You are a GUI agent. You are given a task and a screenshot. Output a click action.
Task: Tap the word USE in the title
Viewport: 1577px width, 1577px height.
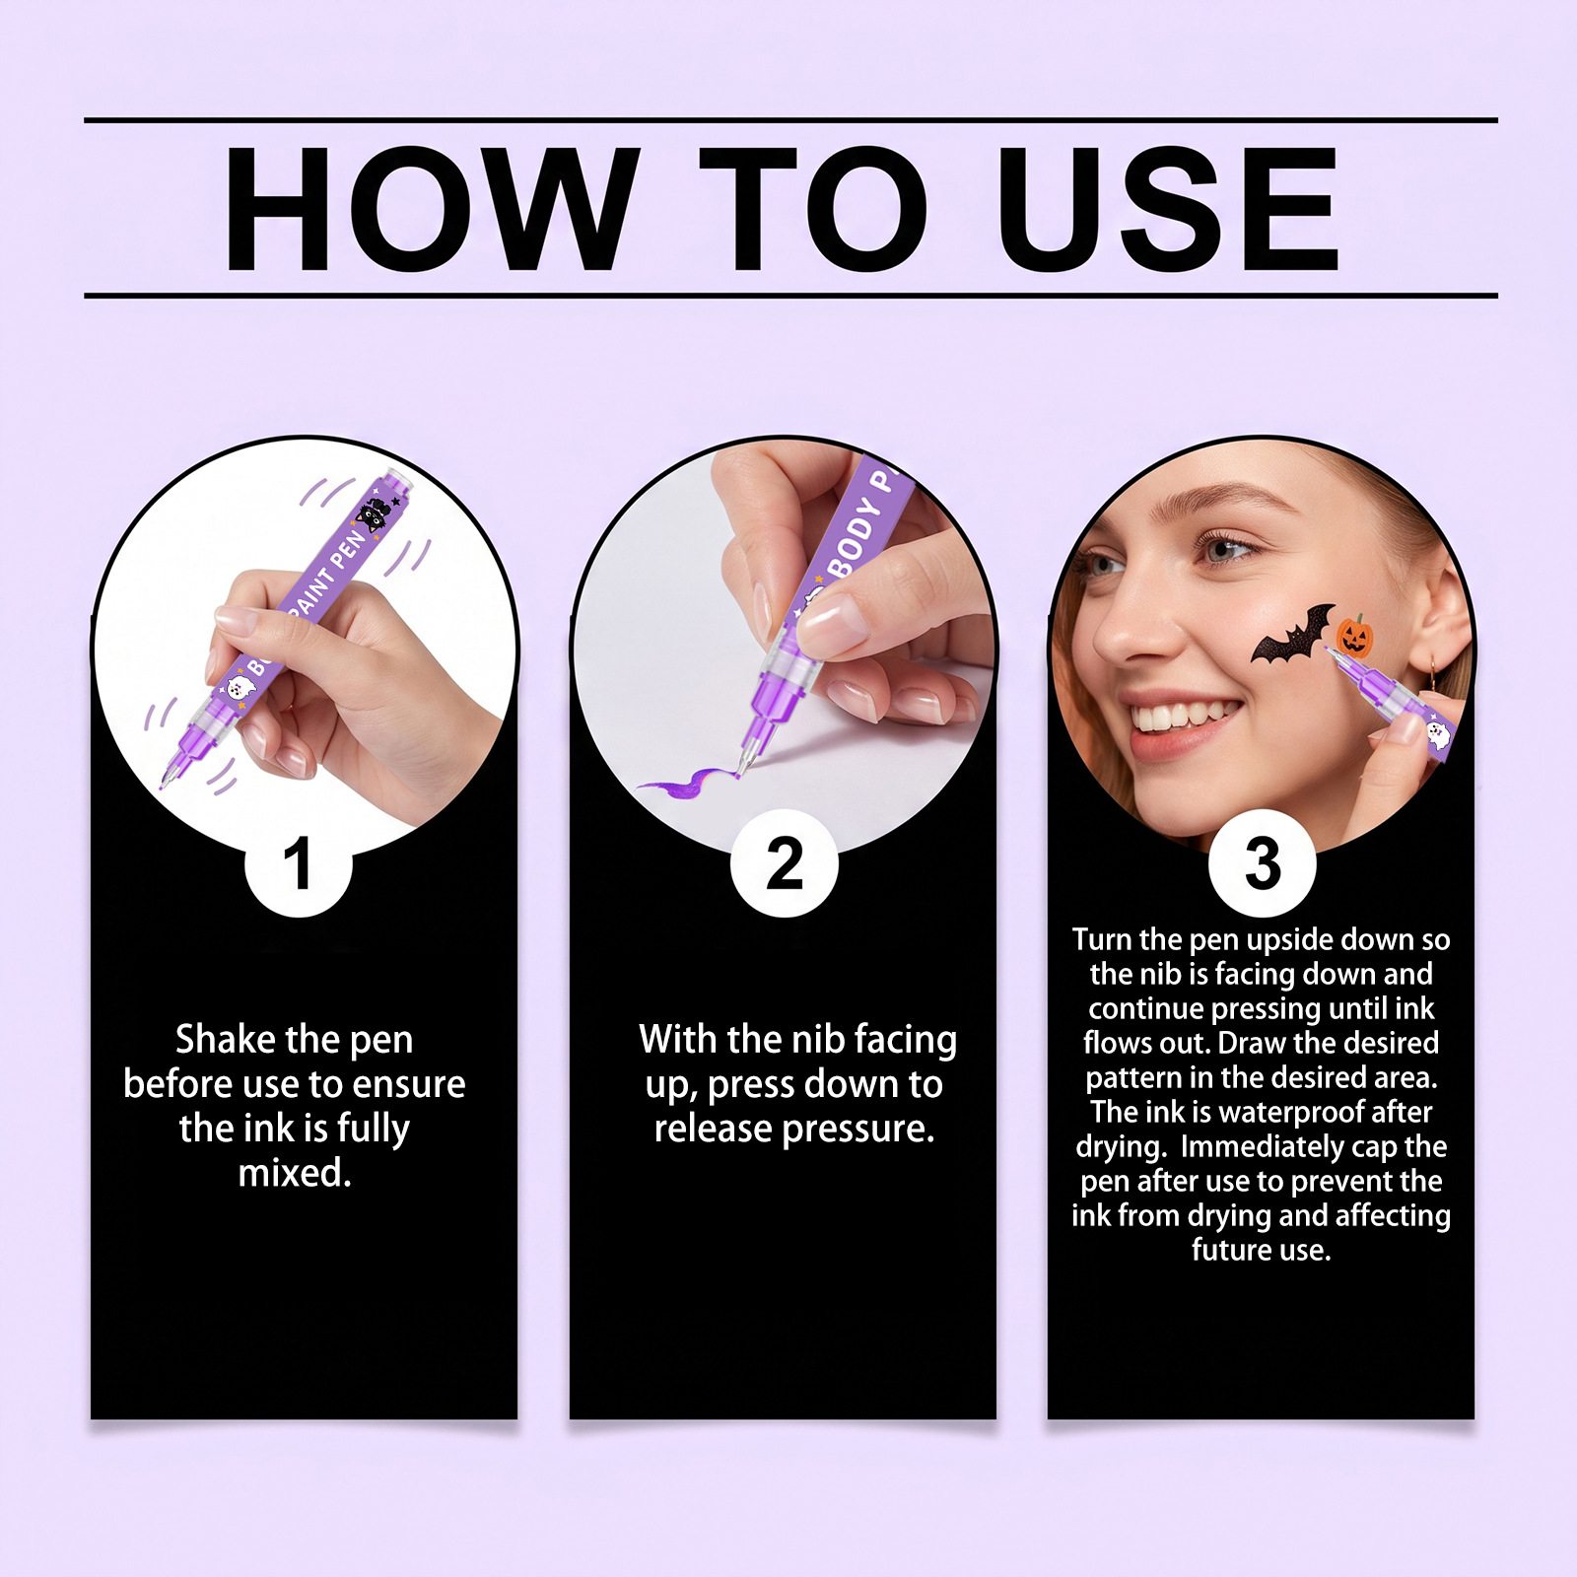coord(1169,209)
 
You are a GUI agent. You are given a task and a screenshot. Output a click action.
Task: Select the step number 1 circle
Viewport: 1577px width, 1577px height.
coord(299,864)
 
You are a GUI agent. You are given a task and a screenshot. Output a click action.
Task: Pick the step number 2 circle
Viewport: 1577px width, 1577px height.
coord(785,864)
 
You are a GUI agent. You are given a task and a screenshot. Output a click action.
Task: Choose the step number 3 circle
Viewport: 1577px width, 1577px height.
coord(1263,864)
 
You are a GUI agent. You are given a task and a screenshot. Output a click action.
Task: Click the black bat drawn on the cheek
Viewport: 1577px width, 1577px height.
coord(1293,636)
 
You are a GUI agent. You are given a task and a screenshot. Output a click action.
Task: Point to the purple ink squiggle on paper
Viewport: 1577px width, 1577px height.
coord(690,784)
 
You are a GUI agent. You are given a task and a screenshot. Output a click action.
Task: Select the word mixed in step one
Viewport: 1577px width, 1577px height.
coord(295,1173)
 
